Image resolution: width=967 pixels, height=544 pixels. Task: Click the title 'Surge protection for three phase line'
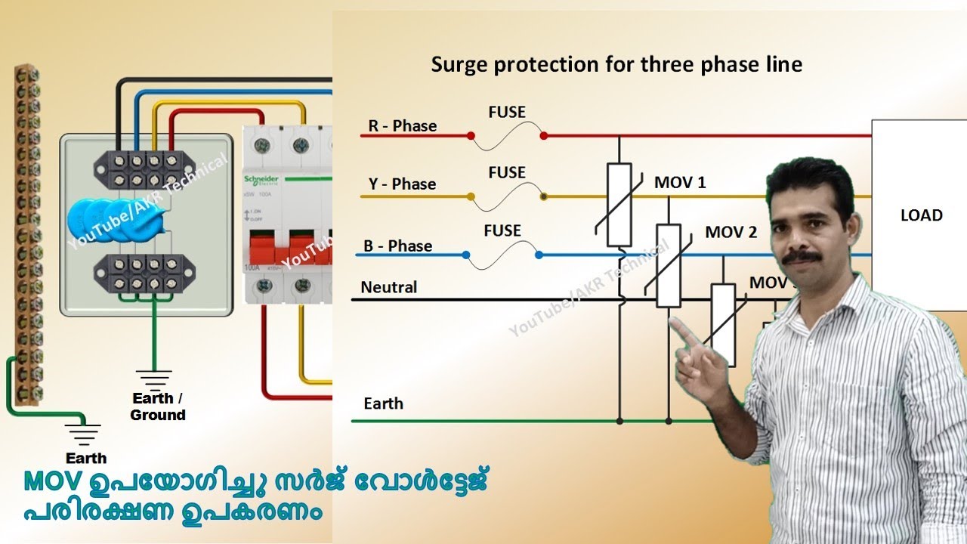pos(616,65)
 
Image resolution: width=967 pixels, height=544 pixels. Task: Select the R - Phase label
pos(403,126)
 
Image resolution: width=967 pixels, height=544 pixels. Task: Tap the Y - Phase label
pos(403,184)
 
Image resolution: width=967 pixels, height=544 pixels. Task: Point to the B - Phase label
pos(398,246)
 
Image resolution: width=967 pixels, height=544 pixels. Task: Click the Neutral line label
pos(389,288)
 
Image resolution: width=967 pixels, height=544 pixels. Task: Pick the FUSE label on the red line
pos(507,113)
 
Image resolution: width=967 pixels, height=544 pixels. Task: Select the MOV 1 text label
pos(680,183)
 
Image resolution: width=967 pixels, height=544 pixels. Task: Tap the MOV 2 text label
pos(731,233)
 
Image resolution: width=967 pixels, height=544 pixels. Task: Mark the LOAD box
pos(920,215)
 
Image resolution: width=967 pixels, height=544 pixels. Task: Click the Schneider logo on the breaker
pos(261,178)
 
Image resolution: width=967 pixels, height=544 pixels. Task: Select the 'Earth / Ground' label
pos(157,406)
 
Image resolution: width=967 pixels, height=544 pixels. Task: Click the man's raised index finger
pos(681,332)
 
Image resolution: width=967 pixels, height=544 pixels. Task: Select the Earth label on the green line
pos(383,403)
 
